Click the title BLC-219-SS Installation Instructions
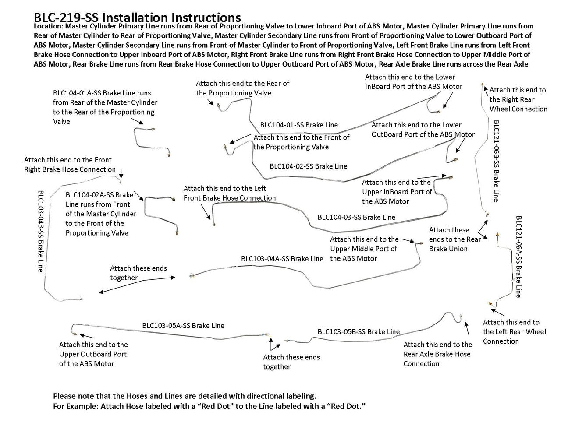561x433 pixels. pyautogui.click(x=137, y=17)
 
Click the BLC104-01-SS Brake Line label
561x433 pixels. pyautogui.click(x=299, y=125)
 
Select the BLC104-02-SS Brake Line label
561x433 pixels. pyautogui.click(x=309, y=166)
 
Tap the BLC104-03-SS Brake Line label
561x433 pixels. pyautogui.click(x=356, y=217)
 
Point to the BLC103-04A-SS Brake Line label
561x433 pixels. pyautogui.click(x=282, y=259)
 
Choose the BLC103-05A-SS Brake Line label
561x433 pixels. pyautogui.click(x=183, y=326)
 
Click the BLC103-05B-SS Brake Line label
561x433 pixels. pyautogui.click(x=359, y=332)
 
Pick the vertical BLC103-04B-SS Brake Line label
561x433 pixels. pyautogui.click(x=40, y=231)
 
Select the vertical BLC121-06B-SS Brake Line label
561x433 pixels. pyautogui.click(x=496, y=161)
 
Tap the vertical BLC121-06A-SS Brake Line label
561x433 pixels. pyautogui.click(x=518, y=257)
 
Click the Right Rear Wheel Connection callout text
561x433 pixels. pyautogui.click(x=518, y=99)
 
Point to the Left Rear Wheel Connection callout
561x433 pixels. pyautogui.click(x=515, y=332)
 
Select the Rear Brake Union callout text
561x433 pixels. pyautogui.click(x=454, y=239)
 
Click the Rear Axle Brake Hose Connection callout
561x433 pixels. pyautogui.click(x=437, y=354)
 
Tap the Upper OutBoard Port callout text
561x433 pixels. pyautogui.click(x=93, y=354)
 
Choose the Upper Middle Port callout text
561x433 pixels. pyautogui.click(x=364, y=249)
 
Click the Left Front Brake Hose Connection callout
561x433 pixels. pyautogui.click(x=230, y=193)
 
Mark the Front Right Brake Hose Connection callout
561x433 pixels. pyautogui.click(x=70, y=165)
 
